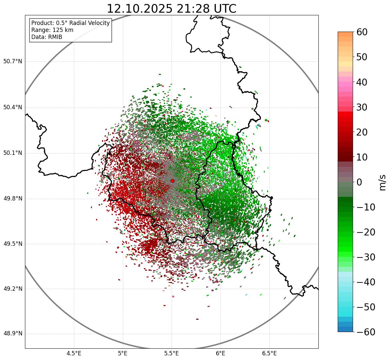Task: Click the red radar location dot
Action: click(172, 181)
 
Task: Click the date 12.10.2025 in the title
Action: click(140, 9)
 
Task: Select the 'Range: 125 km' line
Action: click(52, 30)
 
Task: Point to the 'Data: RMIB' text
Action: click(47, 37)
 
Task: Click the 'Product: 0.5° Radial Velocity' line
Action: click(70, 23)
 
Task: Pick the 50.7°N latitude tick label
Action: click(13, 62)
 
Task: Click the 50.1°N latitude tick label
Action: click(13, 153)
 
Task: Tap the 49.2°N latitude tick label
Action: click(13, 289)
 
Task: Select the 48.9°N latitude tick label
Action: click(13, 334)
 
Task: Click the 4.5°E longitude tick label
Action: click(74, 353)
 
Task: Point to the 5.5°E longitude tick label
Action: click(172, 353)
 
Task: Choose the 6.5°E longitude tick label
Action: click(269, 353)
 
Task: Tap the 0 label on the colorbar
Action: click(359, 182)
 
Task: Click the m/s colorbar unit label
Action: click(382, 182)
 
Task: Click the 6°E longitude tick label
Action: click(220, 353)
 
